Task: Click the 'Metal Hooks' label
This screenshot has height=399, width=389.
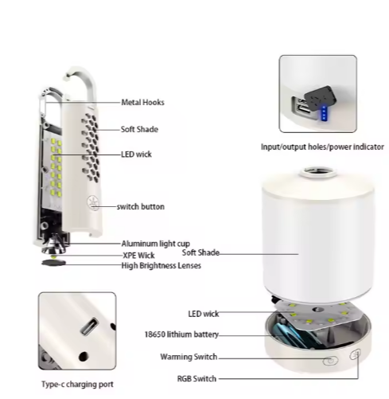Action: pos(142,102)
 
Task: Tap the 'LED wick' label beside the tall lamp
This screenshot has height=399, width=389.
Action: pos(136,155)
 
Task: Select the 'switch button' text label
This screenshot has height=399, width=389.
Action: pos(141,206)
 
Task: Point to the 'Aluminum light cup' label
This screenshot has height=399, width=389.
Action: pos(156,244)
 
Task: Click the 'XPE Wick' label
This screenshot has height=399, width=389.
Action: pos(138,256)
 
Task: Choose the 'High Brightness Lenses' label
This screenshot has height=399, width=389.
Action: pos(161,265)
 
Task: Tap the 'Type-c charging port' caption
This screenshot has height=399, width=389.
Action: pos(77,384)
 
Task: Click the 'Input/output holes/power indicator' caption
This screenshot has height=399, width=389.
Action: pos(322,147)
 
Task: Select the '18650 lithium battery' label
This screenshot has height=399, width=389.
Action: pos(181,334)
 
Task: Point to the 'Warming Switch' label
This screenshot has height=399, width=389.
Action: pos(189,357)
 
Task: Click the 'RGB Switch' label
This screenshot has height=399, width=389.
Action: pos(196,378)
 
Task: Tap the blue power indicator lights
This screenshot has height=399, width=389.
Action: pos(324,113)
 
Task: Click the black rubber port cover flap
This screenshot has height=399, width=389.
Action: pos(320,96)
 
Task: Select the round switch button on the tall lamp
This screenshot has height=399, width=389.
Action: pos(93,203)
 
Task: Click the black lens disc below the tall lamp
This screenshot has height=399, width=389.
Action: pos(53,263)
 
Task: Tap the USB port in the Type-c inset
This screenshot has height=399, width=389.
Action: pos(90,326)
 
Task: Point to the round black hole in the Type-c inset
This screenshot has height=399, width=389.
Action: pos(84,356)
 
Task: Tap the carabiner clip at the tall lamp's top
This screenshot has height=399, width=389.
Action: pos(43,102)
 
